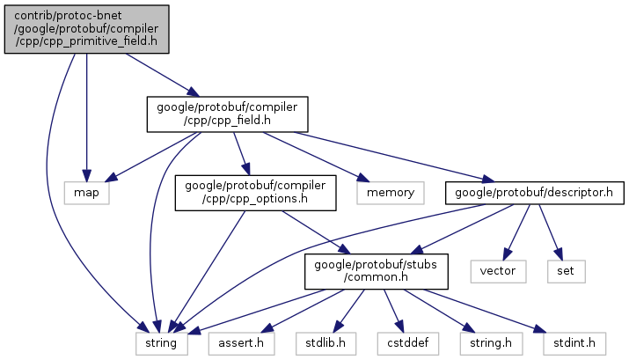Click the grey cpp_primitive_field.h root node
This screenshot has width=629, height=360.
[86, 28]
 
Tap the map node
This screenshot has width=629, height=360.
[86, 191]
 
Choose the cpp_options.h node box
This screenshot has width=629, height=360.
[255, 192]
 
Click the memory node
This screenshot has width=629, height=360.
[390, 191]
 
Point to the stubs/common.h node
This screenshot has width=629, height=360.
[365, 269]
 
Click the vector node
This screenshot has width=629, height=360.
[498, 269]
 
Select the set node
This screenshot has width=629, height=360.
[565, 269]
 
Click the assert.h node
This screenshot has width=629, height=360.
[236, 342]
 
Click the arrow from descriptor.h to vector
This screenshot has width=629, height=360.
[516, 231]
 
